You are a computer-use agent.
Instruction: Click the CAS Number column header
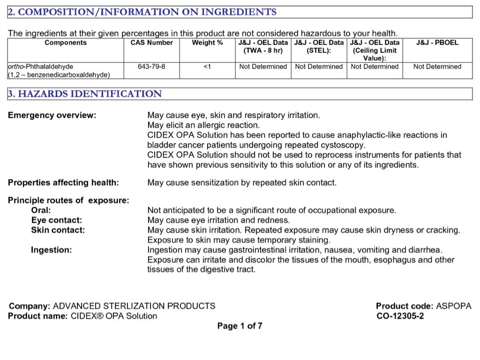[151, 43]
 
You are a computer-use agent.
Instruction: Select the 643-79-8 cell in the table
[151, 67]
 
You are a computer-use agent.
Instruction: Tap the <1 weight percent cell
[207, 67]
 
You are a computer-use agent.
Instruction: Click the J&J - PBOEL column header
[437, 43]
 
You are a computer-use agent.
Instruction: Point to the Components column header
[66, 43]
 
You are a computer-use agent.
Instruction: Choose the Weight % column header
[207, 43]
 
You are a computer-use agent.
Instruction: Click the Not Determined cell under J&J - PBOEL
[437, 67]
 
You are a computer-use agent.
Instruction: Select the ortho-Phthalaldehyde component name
[41, 67]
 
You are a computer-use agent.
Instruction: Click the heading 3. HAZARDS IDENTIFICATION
[85, 94]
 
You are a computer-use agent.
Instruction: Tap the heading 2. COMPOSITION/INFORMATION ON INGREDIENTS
[142, 12]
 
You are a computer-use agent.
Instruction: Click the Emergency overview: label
[52, 115]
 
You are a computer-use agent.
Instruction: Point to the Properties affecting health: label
[63, 182]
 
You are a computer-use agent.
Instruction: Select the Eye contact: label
[56, 220]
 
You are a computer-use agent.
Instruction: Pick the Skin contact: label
[58, 230]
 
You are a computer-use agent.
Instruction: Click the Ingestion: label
[52, 250]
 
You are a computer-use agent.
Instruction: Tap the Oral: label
[41, 210]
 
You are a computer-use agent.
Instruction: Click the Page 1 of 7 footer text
[240, 326]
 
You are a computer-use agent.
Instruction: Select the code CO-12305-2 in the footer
[400, 316]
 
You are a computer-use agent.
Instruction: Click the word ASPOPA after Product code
[454, 306]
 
